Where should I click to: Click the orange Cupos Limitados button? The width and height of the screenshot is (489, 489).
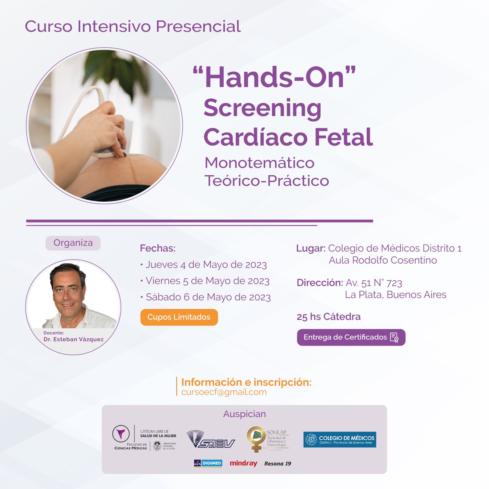[179, 317]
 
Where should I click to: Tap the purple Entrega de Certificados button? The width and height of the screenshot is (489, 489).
[351, 337]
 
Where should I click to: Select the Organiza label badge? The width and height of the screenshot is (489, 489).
[73, 243]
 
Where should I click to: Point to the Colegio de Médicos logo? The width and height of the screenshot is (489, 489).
[339, 440]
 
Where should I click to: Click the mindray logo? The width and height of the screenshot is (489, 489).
[243, 463]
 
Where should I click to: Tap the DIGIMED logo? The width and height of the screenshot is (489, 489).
[208, 463]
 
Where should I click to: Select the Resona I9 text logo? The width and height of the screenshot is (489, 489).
[278, 463]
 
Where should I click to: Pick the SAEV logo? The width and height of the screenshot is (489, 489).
[210, 440]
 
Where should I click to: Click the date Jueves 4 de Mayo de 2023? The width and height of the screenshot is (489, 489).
[206, 265]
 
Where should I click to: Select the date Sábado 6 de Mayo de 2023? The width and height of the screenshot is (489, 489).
[208, 297]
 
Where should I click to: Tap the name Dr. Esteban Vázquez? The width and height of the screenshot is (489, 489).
[73, 339]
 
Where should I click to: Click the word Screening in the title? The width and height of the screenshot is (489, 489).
[262, 108]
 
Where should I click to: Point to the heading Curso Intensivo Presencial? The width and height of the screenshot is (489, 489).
[132, 26]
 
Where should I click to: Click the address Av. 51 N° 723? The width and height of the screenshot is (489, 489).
[374, 283]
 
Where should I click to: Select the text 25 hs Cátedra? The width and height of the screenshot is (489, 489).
[328, 317]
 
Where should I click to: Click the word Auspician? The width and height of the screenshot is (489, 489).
[244, 414]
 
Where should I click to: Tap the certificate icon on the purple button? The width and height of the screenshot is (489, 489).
[394, 337]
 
